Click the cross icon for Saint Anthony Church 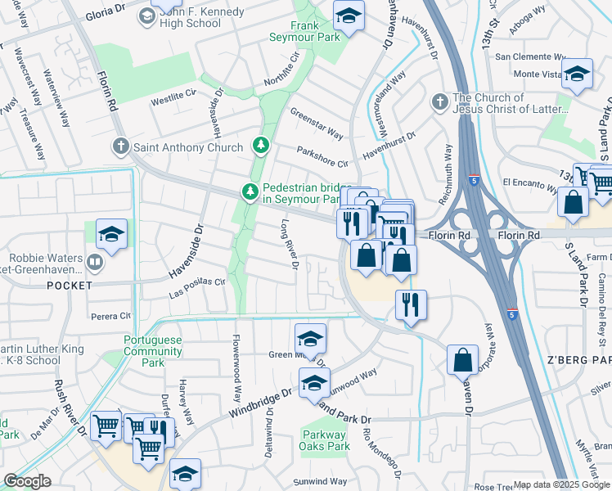(120, 147)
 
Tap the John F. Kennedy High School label (191, 18)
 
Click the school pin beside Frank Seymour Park (349, 16)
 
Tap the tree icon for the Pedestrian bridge (250, 192)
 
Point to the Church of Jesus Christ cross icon (439, 102)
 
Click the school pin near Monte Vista (577, 74)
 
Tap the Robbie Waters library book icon (95, 263)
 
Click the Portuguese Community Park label (153, 350)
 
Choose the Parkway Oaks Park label (325, 440)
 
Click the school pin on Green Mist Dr (311, 339)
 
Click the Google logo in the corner (27, 481)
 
